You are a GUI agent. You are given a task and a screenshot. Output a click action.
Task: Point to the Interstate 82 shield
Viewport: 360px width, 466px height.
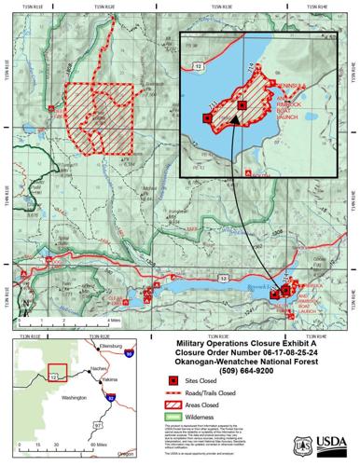[x=114, y=398]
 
